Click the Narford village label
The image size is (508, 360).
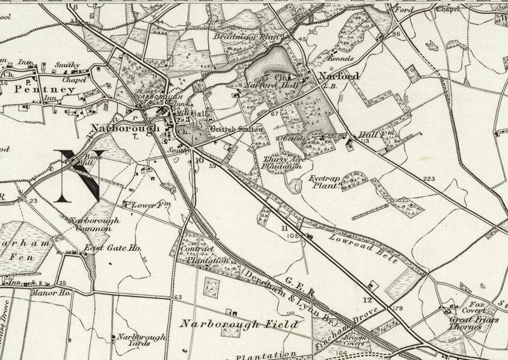point(338,76)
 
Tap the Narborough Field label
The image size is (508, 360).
point(238,324)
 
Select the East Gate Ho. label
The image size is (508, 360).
point(114,250)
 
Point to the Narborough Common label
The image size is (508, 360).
point(91,224)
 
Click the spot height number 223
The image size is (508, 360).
point(430,180)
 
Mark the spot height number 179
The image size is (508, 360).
point(398,309)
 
